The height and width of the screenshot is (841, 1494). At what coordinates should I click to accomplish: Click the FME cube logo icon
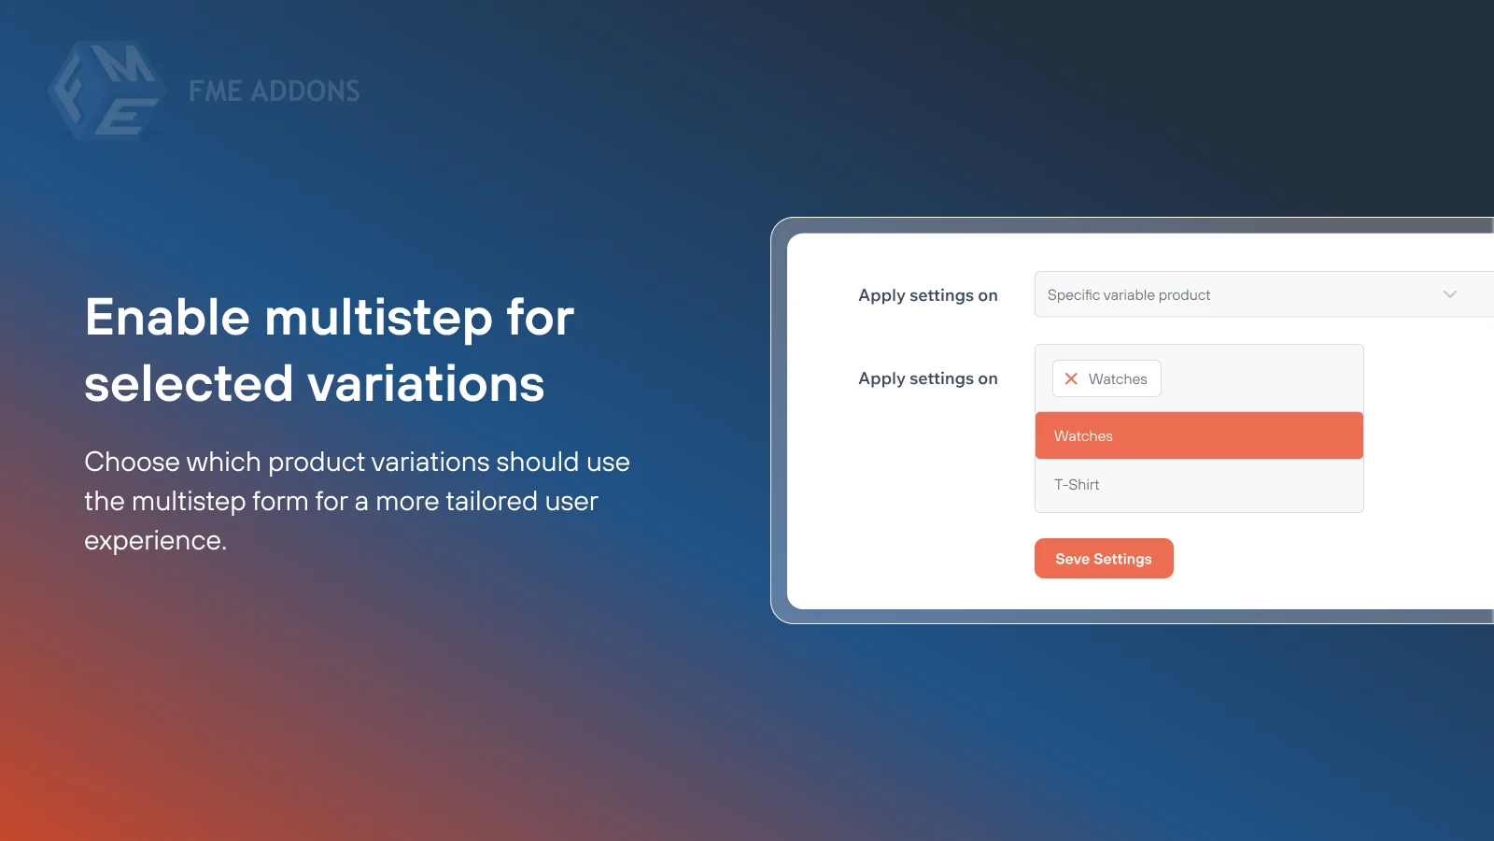106,91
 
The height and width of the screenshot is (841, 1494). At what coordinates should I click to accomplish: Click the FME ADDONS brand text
274,91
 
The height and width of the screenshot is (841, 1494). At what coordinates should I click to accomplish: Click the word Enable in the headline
167,318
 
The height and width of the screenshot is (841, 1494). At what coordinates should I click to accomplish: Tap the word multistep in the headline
378,318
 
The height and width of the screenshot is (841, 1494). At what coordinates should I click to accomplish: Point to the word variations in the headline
426,384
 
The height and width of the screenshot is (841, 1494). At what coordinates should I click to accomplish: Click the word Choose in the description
132,462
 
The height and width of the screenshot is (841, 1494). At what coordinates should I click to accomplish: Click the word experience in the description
154,541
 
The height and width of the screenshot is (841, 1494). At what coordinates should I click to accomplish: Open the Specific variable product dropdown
1242,294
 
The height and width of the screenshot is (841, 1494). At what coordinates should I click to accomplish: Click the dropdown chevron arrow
1449,294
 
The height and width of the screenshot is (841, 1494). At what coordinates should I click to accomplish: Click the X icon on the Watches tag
1071,378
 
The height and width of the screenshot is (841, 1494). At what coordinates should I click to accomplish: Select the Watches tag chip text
1118,379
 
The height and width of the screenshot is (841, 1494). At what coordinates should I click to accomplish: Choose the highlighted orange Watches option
1199,435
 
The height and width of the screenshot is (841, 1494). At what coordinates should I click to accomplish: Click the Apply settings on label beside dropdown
927,295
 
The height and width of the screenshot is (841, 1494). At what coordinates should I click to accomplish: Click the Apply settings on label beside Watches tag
927,378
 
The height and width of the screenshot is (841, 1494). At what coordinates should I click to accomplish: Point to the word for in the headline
540,318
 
